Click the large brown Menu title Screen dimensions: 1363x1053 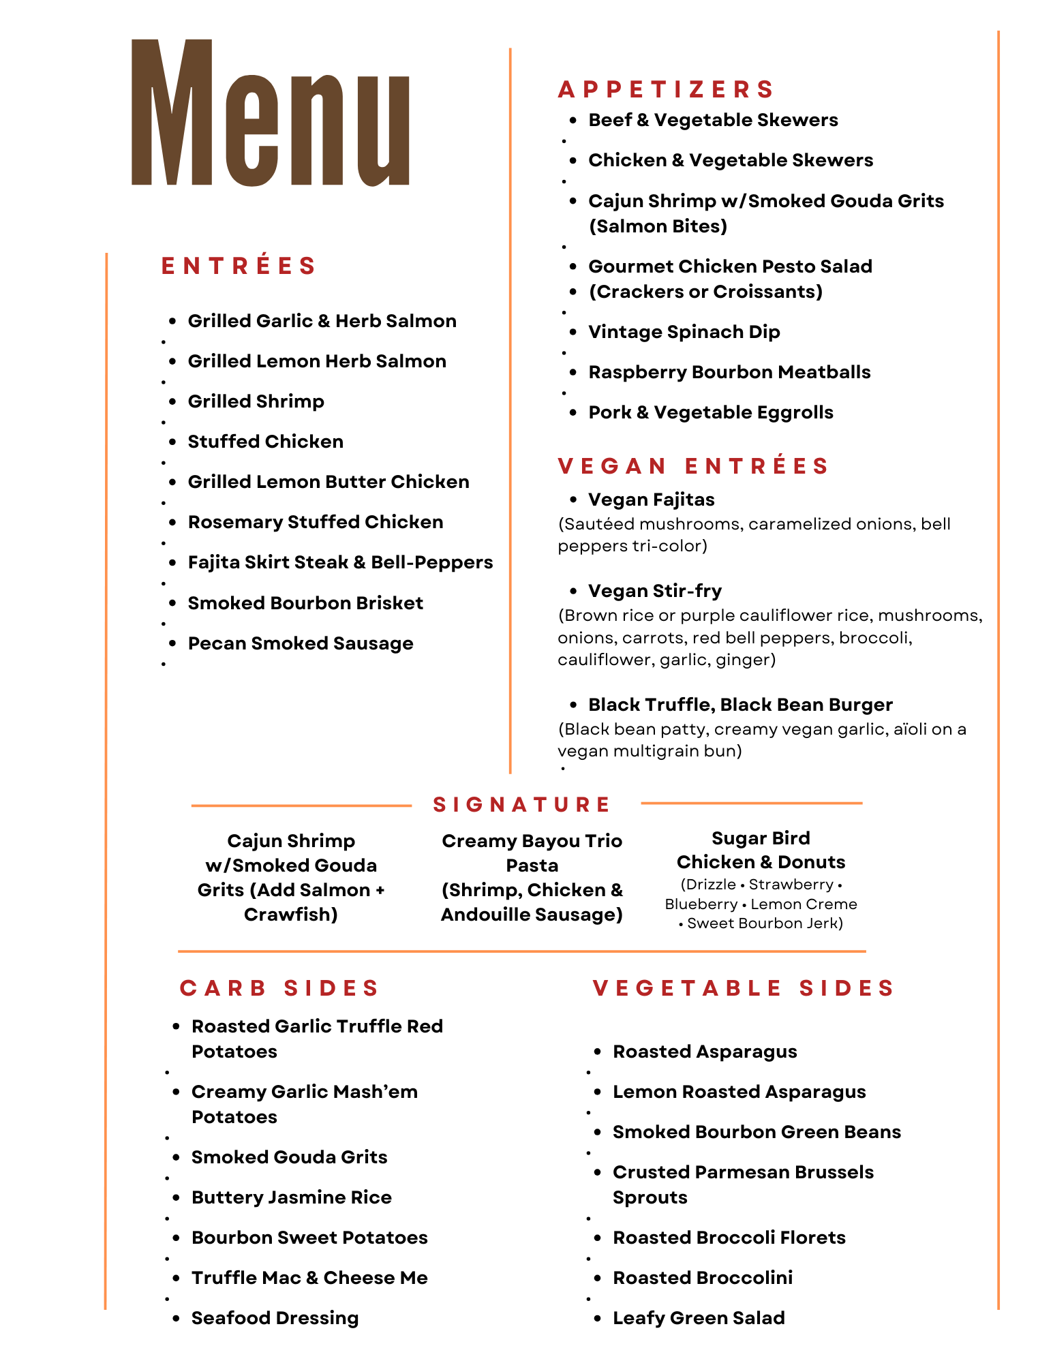pyautogui.click(x=271, y=114)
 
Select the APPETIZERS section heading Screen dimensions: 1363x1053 pyautogui.click(x=666, y=89)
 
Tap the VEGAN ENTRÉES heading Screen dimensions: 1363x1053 pyautogui.click(x=692, y=466)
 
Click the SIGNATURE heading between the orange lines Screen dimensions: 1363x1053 pyautogui.click(x=522, y=805)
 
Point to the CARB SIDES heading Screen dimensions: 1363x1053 pyautogui.click(x=279, y=988)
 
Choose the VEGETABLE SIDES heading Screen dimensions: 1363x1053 pyautogui.click(x=743, y=988)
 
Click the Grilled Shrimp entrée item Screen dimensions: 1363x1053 pyautogui.click(x=256, y=401)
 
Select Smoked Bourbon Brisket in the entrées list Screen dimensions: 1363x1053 pyautogui.click(x=305, y=603)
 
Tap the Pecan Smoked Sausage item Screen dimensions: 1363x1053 pyautogui.click(x=301, y=643)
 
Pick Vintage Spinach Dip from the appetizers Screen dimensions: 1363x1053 pyautogui.click(x=684, y=332)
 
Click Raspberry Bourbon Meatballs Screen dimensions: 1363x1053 pyautogui.click(x=729, y=372)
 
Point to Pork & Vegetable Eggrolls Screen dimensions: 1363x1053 pyautogui.click(x=710, y=412)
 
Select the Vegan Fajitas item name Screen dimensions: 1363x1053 pyautogui.click(x=651, y=500)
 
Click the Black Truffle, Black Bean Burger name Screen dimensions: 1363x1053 pyautogui.click(x=740, y=705)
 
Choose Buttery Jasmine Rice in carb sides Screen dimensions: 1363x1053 pyautogui.click(x=291, y=1197)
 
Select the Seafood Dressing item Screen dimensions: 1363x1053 pyautogui.click(x=275, y=1318)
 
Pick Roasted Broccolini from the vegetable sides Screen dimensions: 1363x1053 pyautogui.click(x=702, y=1278)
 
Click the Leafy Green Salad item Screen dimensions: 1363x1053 pyautogui.click(x=699, y=1318)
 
